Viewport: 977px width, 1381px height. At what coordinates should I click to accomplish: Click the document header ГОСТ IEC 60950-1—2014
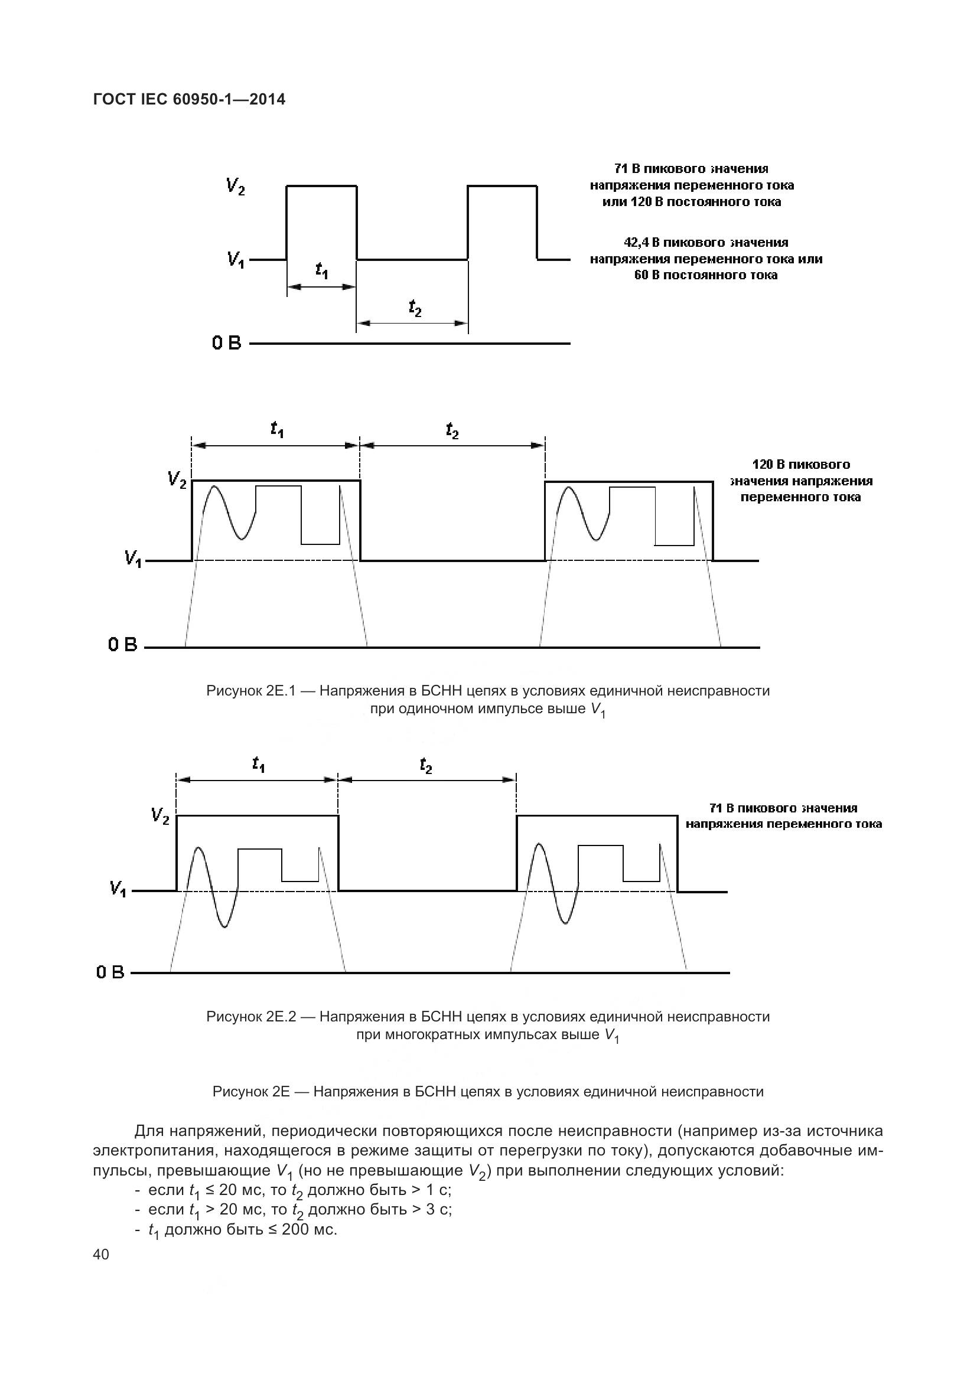[x=189, y=99]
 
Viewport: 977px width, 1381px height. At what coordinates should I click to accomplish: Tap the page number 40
[x=101, y=1254]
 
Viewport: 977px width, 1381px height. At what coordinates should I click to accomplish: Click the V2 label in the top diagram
[x=235, y=187]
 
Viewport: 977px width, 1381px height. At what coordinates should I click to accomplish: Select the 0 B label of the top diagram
[x=226, y=344]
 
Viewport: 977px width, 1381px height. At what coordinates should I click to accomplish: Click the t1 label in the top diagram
[x=322, y=270]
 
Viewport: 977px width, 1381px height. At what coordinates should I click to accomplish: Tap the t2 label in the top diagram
[x=415, y=308]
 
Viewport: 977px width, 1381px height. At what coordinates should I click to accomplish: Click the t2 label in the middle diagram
[x=452, y=430]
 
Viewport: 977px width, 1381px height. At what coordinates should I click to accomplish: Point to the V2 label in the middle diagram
[x=177, y=479]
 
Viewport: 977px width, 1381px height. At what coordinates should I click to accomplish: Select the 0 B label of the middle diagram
[x=123, y=645]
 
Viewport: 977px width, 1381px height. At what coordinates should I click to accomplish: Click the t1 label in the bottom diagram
[x=259, y=765]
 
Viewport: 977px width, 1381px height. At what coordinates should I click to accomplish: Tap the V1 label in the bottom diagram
[x=118, y=889]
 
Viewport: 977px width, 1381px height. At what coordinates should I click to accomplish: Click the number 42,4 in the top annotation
[x=638, y=243]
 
